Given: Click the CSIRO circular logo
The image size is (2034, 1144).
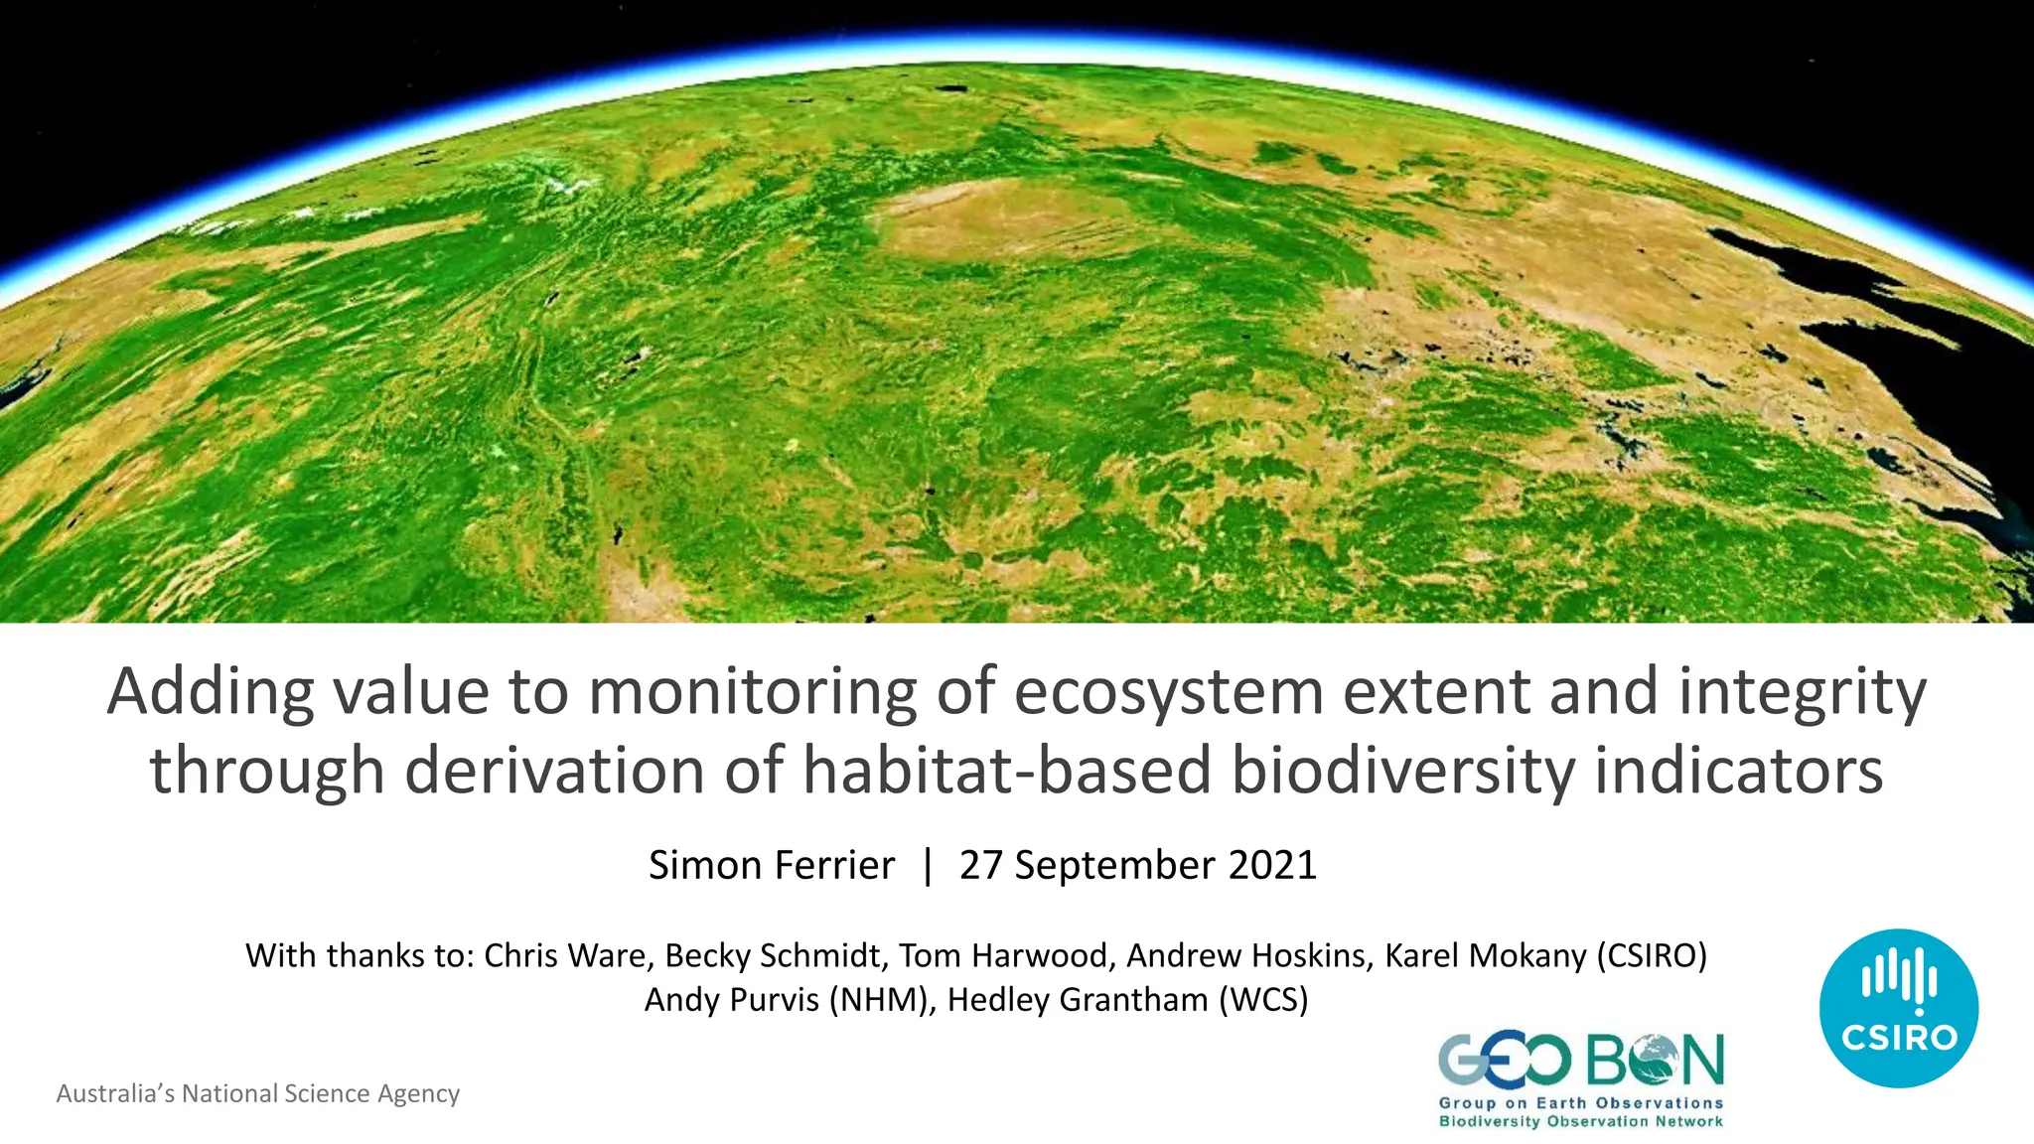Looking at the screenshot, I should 1898,1008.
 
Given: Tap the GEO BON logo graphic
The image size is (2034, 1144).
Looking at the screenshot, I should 1581,1061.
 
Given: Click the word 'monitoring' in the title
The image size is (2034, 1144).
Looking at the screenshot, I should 753,692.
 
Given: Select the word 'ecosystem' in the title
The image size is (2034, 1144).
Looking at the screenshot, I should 1169,692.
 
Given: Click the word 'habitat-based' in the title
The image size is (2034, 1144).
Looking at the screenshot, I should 1007,771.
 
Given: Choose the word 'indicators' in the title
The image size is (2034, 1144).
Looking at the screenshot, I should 1739,771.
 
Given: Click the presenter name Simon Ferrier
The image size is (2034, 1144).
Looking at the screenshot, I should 772,865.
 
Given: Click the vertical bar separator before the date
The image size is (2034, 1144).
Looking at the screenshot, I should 928,865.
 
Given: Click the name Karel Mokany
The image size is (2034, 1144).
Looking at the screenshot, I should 1486,955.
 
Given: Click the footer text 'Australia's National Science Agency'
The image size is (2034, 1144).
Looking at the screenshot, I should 258,1093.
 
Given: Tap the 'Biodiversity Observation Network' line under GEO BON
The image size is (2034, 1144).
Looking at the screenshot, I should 1581,1122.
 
